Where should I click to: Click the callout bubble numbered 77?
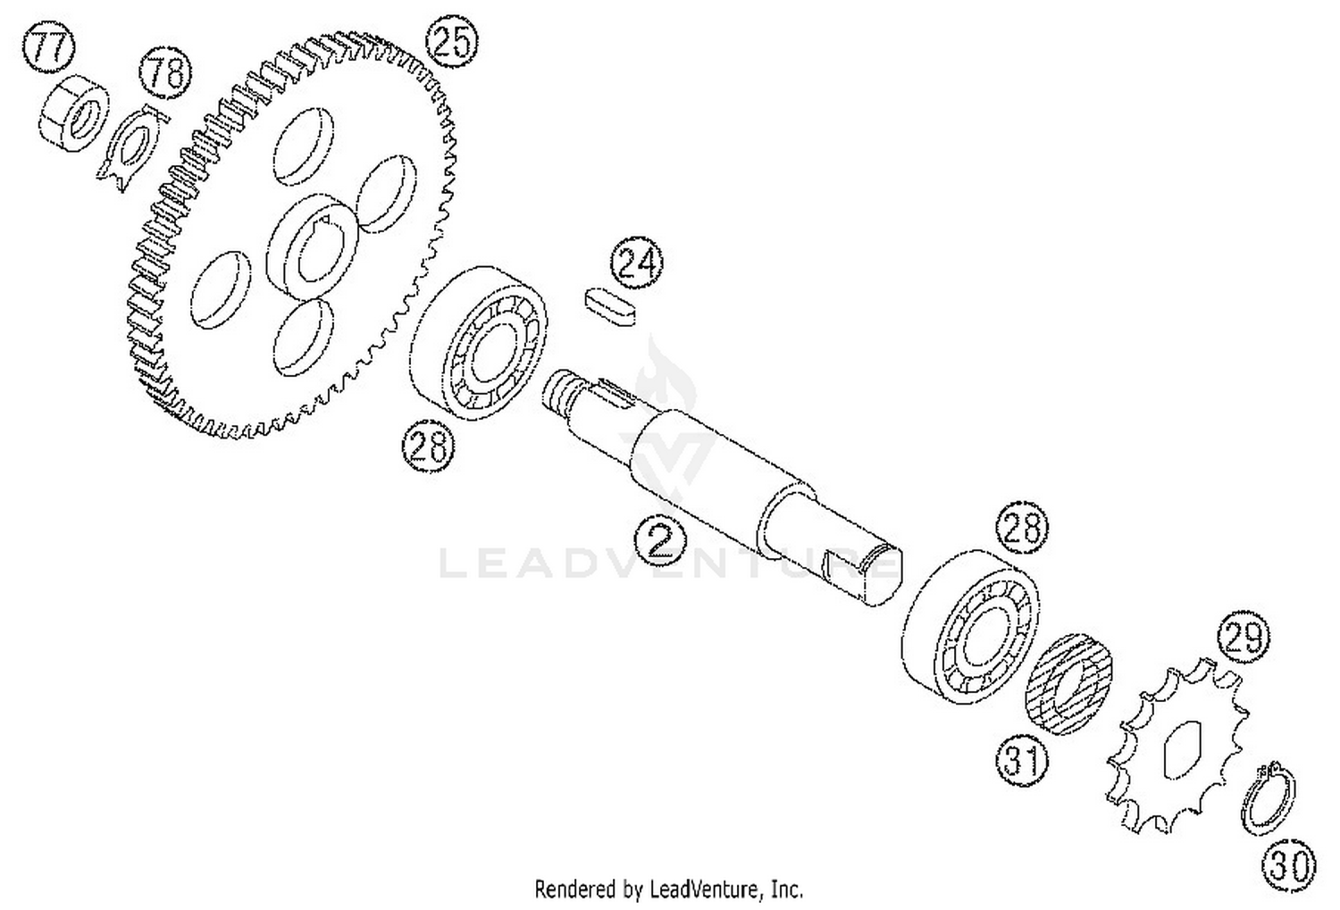49,48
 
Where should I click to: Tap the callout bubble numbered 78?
165,73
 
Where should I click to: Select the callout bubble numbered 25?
452,42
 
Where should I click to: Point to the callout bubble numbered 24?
637,263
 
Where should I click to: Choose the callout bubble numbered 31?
1022,759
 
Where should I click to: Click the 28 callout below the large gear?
428,446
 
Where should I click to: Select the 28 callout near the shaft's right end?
1022,529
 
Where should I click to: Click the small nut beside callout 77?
74,113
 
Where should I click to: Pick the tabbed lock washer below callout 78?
133,148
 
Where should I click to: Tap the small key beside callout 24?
611,307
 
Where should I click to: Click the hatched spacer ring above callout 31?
1069,685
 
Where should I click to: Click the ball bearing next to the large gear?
479,344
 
